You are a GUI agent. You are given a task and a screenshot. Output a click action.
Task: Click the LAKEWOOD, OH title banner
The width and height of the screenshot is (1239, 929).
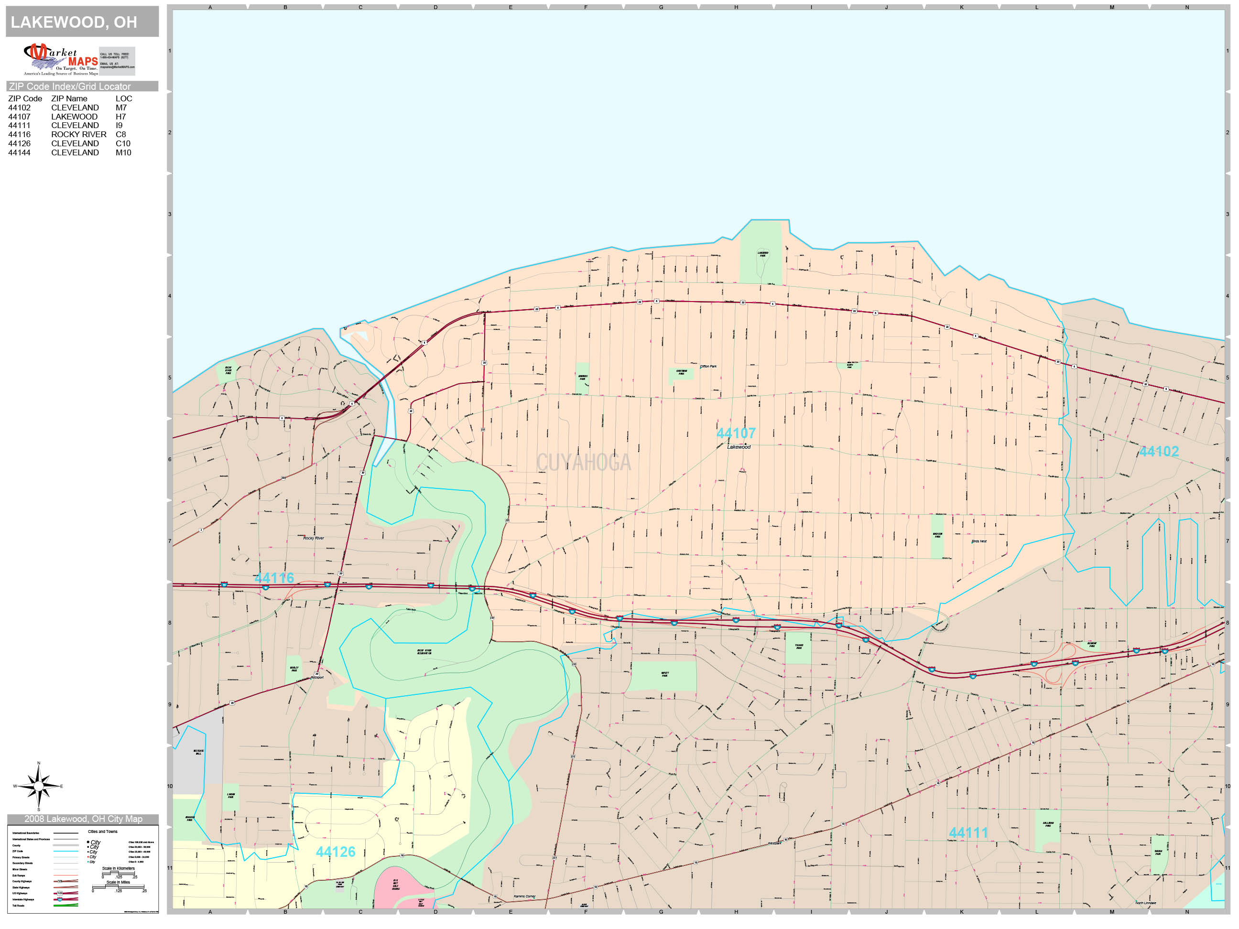pyautogui.click(x=82, y=22)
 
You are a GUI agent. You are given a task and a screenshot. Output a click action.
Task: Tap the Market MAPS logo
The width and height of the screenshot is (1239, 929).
pyautogui.click(x=61, y=59)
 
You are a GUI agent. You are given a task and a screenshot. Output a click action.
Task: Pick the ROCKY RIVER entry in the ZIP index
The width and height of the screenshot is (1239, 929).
pyautogui.click(x=78, y=134)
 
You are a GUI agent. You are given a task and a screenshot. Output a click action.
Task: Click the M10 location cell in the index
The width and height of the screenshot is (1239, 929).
pyautogui.click(x=123, y=152)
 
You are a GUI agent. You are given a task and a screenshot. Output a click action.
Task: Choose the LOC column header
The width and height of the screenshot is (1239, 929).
pyautogui.click(x=124, y=98)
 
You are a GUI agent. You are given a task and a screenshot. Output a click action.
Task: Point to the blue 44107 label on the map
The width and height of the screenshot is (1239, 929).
pyautogui.click(x=736, y=433)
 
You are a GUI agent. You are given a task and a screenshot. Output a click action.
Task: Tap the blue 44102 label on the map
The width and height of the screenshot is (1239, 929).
pyautogui.click(x=1159, y=451)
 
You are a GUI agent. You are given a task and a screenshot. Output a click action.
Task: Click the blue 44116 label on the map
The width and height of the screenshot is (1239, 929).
pyautogui.click(x=274, y=578)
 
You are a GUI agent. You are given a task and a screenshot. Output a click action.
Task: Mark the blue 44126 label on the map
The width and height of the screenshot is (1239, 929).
pyautogui.click(x=336, y=852)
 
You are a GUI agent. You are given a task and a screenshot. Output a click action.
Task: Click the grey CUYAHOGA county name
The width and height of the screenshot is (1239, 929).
pyautogui.click(x=584, y=463)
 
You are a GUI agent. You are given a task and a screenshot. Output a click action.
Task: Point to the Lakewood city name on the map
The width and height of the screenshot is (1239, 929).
pyautogui.click(x=739, y=447)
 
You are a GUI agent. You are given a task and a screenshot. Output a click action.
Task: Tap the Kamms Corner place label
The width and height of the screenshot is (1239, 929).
pyautogui.click(x=524, y=897)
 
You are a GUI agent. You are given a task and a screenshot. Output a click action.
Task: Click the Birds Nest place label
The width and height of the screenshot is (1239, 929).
pyautogui.click(x=979, y=541)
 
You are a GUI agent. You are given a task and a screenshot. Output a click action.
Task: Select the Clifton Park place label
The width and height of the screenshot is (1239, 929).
pyautogui.click(x=708, y=366)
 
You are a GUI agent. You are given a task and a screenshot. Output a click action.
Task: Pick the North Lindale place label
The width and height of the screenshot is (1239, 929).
pyautogui.click(x=1145, y=903)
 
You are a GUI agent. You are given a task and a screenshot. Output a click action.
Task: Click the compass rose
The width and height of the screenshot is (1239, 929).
pyautogui.click(x=38, y=786)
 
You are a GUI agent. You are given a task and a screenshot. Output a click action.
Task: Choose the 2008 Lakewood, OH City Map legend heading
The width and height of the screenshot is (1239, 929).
pyautogui.click(x=83, y=819)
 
